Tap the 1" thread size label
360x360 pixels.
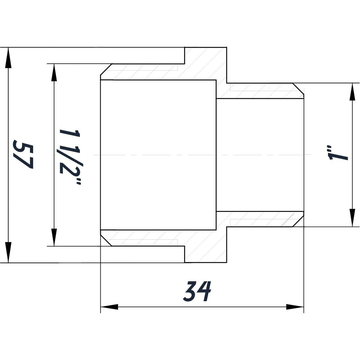pyautogui.click(x=337, y=153)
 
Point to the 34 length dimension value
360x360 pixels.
pyautogui.click(x=197, y=292)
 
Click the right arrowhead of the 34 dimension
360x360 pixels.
pyautogui.click(x=295, y=307)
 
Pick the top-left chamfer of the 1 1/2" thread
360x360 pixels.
pyautogui.click(x=105, y=71)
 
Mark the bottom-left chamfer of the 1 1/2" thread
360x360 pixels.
pyautogui.click(x=105, y=238)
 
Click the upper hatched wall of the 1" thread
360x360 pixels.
pyautogui.click(x=259, y=91)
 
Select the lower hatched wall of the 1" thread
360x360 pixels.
pyautogui.click(x=259, y=219)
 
